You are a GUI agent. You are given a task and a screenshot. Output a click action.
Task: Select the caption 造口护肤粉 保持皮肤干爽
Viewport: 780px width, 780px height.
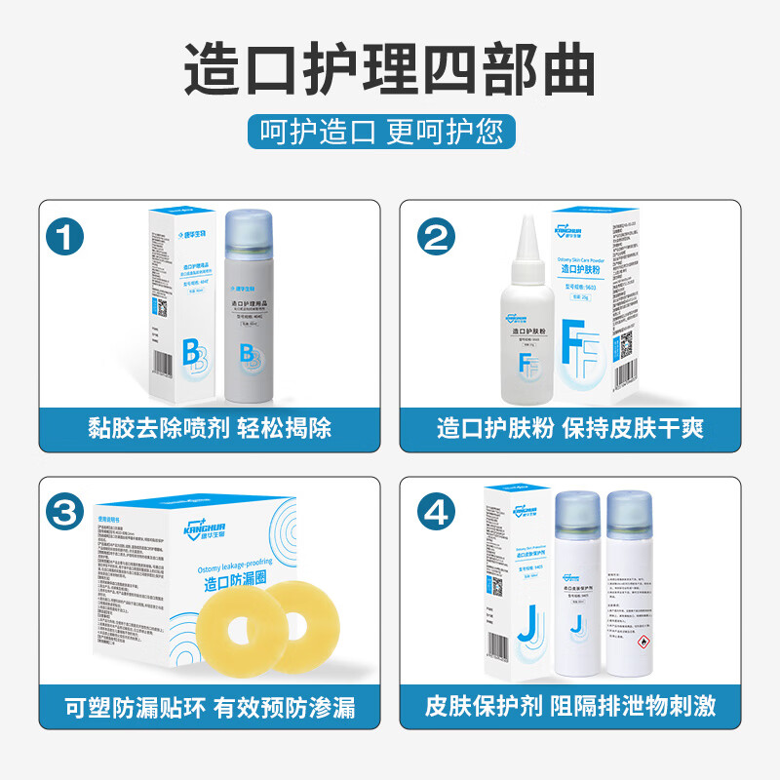click(x=570, y=427)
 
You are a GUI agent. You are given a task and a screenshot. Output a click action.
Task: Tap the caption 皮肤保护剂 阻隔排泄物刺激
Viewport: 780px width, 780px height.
click(x=570, y=704)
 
